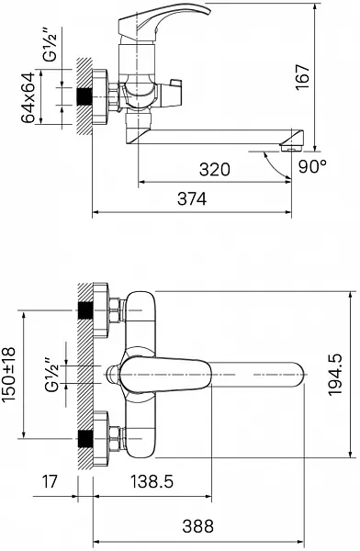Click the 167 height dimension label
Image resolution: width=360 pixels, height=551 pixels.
(302, 77)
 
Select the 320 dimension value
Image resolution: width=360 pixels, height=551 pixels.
(215, 169)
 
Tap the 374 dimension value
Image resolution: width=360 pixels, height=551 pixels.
(192, 199)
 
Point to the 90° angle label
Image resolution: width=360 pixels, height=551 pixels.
(312, 166)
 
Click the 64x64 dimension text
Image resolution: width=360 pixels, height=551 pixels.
(28, 97)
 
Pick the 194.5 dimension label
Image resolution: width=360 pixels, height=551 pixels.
(335, 375)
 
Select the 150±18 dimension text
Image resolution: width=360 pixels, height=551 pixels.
(8, 375)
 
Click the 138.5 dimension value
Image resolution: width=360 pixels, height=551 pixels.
(152, 481)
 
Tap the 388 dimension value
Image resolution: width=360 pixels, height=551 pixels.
(198, 526)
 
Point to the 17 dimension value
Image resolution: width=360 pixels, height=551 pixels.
(50, 481)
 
